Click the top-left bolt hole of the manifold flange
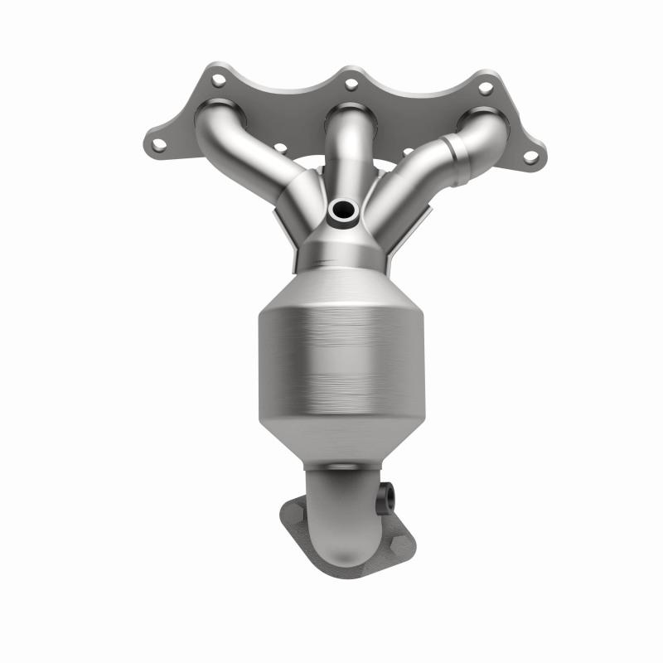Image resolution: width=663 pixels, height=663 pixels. click(217, 81)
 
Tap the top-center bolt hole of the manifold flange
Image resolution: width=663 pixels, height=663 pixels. click(351, 83)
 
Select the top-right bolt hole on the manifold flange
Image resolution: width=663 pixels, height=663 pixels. click(486, 85)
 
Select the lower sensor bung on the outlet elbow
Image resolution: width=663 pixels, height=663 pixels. click(388, 498)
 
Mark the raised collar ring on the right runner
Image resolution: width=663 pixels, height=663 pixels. click(455, 149)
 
